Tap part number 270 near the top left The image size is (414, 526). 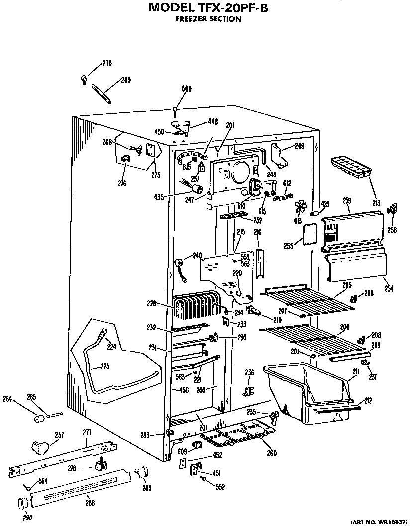107,63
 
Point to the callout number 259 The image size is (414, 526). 347,201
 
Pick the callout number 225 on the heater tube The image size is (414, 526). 105,367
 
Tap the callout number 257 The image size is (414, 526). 59,435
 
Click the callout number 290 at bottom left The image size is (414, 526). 27,518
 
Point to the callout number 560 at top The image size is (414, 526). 186,89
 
